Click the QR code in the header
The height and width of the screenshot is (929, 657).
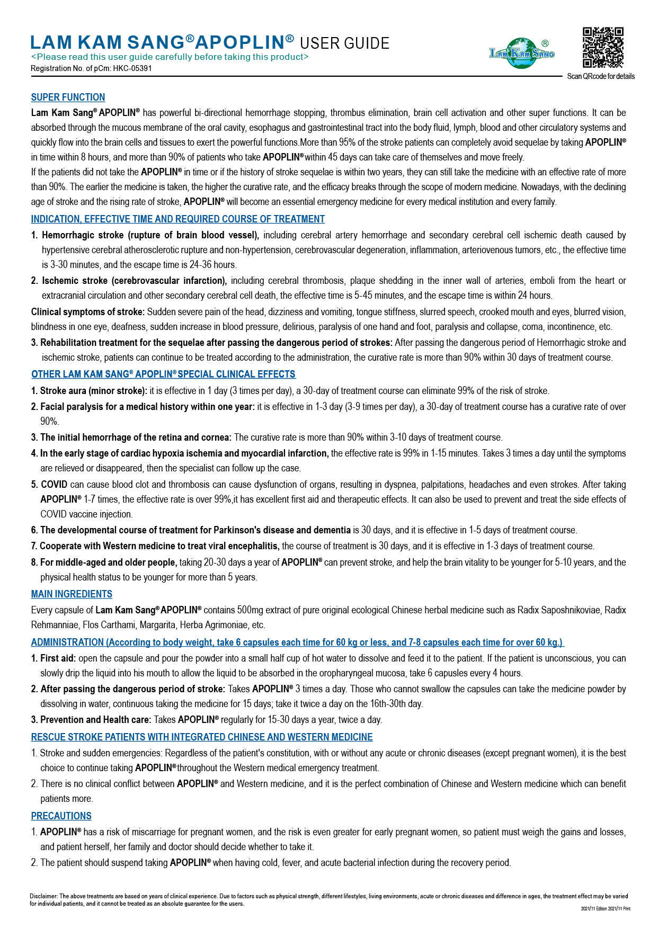click(603, 48)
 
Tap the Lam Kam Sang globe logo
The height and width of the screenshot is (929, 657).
click(522, 53)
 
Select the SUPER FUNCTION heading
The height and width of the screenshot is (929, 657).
click(68, 97)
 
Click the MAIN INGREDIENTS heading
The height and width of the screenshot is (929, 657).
click(72, 594)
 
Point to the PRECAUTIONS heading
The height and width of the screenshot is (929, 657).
click(61, 816)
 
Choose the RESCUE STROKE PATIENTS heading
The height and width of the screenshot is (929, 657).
click(201, 737)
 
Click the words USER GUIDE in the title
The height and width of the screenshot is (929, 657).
click(344, 43)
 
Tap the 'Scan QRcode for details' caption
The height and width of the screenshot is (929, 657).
click(601, 76)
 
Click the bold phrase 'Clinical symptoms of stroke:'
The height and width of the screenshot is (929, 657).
click(87, 312)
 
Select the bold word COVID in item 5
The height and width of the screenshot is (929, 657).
click(54, 485)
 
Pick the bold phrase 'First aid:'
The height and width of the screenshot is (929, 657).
click(58, 658)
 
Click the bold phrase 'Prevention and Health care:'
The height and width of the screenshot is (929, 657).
click(95, 720)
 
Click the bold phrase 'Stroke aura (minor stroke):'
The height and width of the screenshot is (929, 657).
click(93, 391)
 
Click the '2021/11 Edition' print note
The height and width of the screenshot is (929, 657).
click(593, 909)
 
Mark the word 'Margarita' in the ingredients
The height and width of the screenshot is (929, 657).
click(156, 625)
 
